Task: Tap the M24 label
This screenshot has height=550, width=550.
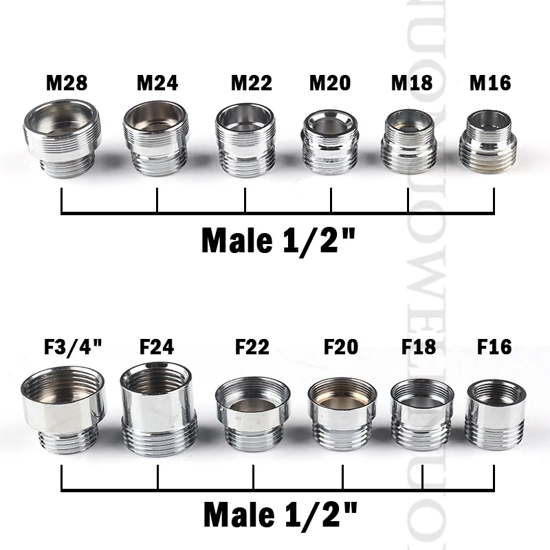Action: point(157,83)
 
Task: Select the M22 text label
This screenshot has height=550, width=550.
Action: point(251,83)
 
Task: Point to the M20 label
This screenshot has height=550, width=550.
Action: point(330,83)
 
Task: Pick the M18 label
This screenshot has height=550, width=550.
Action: point(412,83)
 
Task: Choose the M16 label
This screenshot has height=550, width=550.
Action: point(490,83)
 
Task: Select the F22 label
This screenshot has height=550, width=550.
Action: point(252,346)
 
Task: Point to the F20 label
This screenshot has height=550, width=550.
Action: point(341,346)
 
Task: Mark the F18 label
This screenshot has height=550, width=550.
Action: point(418,346)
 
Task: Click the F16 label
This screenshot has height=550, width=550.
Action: point(494,346)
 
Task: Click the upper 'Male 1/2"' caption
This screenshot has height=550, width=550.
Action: point(279,241)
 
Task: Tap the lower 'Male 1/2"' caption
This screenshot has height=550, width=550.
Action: point(281,513)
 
